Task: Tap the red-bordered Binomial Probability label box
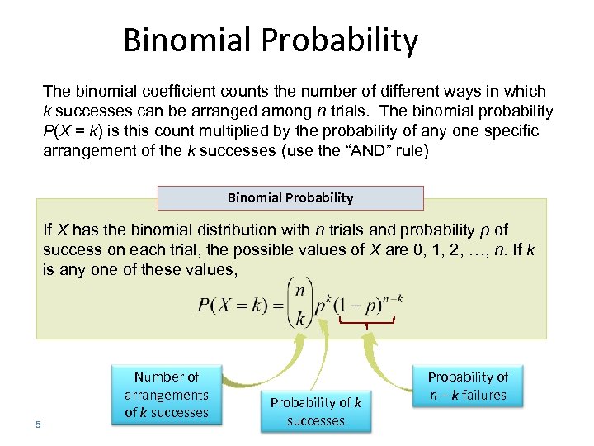click(x=290, y=197)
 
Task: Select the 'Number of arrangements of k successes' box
click(x=167, y=395)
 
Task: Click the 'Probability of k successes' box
click(x=315, y=411)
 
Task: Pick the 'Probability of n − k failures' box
click(x=468, y=386)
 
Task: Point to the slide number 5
click(x=38, y=425)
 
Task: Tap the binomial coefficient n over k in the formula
click(x=299, y=305)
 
